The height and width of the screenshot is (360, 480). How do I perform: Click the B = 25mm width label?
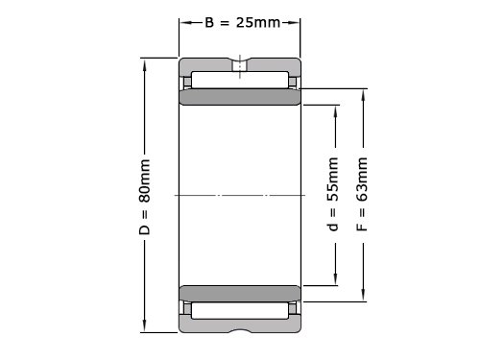pos(243,22)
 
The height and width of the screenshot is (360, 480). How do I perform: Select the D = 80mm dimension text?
pos(145,197)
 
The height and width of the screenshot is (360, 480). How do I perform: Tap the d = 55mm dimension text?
pos(333,194)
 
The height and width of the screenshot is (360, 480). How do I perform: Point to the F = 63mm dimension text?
pos(362,194)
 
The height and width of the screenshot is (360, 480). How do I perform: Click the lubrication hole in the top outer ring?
pos(240,65)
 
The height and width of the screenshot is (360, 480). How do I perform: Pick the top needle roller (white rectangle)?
pos(240,80)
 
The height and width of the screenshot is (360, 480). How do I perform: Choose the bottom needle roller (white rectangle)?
pos(240,310)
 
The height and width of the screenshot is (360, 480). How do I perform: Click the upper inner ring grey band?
pos(240,97)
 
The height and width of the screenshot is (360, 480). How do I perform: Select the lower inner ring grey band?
pos(240,294)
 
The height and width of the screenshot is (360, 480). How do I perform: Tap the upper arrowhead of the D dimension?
pos(145,65)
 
